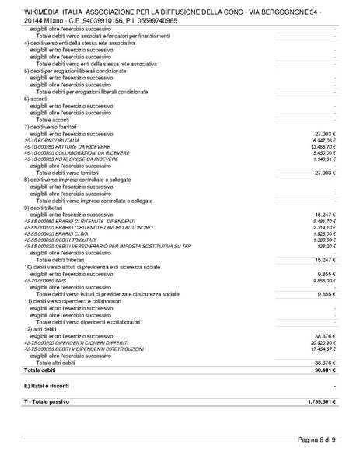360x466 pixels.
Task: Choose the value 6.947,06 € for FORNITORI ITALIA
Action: pos(322,139)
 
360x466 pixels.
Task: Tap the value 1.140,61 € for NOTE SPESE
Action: pos(322,159)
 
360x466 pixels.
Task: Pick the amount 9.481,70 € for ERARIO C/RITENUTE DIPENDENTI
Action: pos(322,219)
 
